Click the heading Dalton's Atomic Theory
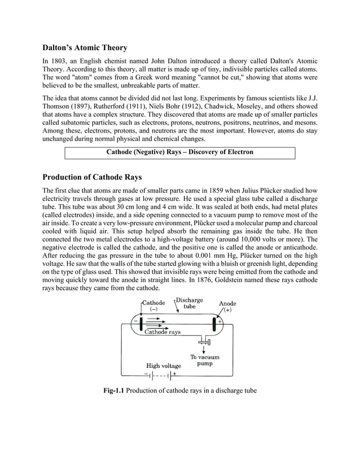click(x=85, y=47)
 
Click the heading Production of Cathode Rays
click(x=93, y=177)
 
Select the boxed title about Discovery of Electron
click(x=180, y=152)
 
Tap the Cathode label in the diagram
click(x=153, y=303)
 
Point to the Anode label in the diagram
click(x=227, y=304)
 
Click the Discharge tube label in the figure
click(x=190, y=304)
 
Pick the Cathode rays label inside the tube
click(x=163, y=332)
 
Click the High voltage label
click(x=164, y=366)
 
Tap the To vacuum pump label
click(x=204, y=361)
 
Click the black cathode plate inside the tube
click(x=141, y=324)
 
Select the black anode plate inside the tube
click(x=214, y=325)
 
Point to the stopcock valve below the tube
click(x=204, y=341)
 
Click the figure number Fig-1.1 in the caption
click(x=114, y=390)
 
